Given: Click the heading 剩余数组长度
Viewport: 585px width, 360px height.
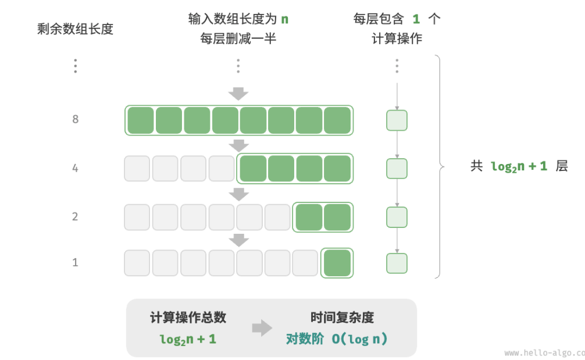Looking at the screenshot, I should click(x=75, y=29).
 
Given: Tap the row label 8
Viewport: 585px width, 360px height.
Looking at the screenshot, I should click(x=75, y=119).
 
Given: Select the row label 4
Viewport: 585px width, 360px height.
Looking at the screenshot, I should click(x=75, y=169).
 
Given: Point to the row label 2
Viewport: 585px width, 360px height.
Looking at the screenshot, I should click(x=75, y=217).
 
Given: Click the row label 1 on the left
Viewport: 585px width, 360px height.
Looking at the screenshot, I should click(x=75, y=262).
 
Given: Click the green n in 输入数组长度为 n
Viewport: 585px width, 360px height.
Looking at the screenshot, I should click(x=284, y=19).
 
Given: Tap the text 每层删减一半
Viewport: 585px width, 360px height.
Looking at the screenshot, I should click(x=238, y=39).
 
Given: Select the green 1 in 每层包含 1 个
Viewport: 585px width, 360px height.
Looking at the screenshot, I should click(x=416, y=19).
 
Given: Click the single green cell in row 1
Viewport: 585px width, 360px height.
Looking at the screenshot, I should click(x=337, y=263).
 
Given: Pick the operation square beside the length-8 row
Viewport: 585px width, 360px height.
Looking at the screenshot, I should click(x=397, y=120).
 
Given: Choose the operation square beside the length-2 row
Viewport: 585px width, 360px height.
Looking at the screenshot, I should click(x=397, y=218).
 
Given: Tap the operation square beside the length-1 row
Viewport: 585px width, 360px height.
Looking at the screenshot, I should click(x=397, y=263).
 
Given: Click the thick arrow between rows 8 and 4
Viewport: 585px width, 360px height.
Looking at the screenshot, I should click(x=238, y=145).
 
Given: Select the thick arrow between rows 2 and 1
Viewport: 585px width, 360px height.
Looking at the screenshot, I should click(x=238, y=239).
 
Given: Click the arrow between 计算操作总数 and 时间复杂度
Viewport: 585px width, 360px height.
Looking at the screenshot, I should click(x=262, y=328).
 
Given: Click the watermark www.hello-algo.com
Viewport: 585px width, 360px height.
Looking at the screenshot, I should click(x=544, y=352).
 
